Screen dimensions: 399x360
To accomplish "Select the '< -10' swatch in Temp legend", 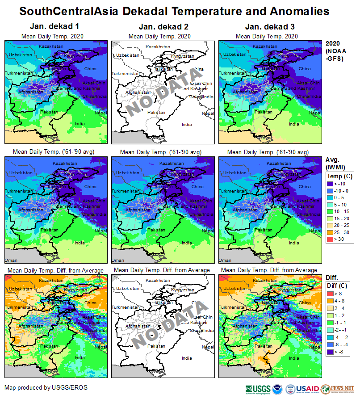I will coord(331,183).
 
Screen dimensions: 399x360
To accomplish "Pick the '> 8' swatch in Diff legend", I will coord(331,293).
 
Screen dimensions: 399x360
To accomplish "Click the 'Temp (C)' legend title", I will coord(339,176).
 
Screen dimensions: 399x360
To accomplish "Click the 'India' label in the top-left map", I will coord(80,124).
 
